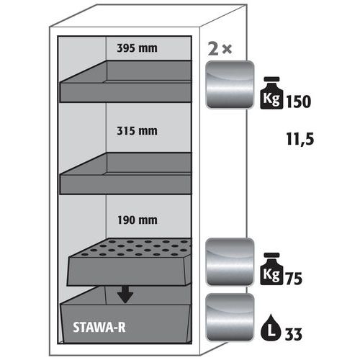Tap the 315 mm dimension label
[x=137, y=131]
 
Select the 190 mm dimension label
[x=137, y=220]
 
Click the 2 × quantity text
[x=220, y=50]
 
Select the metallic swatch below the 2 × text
[x=230, y=85]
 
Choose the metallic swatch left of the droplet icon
[x=230, y=318]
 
